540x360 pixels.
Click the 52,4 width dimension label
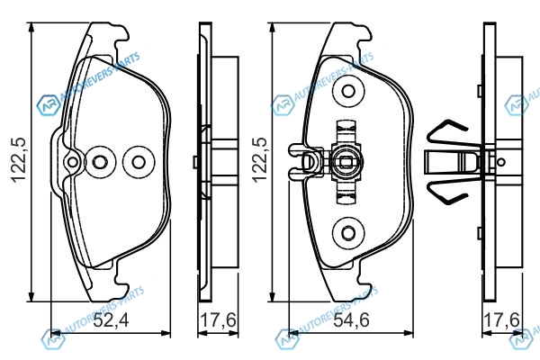coord(112,320)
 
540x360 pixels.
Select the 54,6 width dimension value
coord(352,320)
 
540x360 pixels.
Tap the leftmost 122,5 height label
coord(18,159)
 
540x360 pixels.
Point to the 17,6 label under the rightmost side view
coord(501,320)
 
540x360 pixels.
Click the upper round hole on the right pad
coord(348,91)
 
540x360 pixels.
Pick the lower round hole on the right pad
coord(348,232)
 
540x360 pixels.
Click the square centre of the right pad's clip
coord(346,162)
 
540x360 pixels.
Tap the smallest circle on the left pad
coord(72,162)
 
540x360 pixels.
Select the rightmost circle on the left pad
coord(139,162)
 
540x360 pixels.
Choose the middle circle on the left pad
coord(100,162)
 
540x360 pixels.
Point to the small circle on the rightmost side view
coord(501,162)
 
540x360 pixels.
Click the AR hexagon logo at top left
coord(48,105)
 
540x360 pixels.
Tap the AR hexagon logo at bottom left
coord(52,339)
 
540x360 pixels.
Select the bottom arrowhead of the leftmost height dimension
coord(31,297)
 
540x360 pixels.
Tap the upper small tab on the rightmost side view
coord(480,91)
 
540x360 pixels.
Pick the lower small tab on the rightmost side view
coord(480,233)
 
